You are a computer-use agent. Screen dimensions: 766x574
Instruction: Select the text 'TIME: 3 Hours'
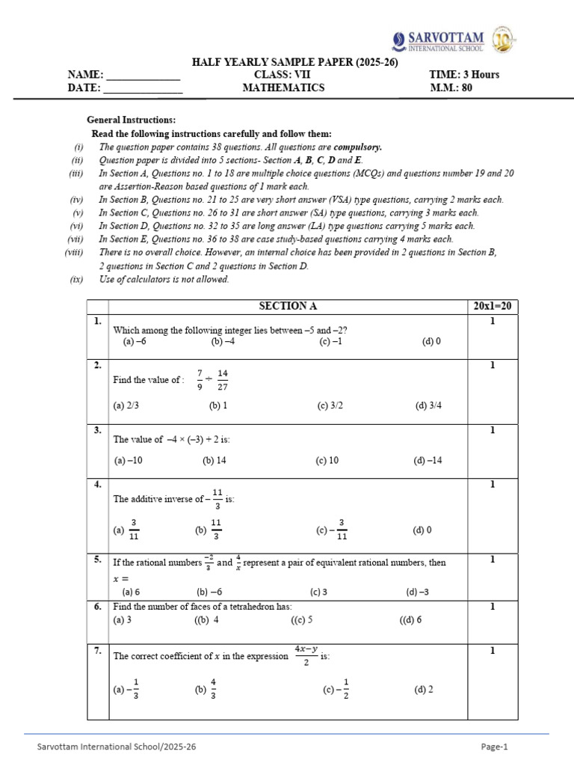point(464,75)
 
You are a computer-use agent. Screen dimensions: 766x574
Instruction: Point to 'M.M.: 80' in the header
point(451,88)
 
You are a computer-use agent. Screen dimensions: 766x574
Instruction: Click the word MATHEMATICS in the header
point(283,88)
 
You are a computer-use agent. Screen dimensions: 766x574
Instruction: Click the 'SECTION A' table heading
point(283,306)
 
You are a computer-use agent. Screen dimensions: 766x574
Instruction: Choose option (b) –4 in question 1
point(223,341)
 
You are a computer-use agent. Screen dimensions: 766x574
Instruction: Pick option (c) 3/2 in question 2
point(329,405)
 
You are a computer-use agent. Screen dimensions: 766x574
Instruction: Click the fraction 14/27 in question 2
point(223,379)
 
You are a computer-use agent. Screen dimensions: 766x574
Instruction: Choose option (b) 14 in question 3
point(214,460)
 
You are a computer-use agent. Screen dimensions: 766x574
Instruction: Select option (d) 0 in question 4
point(422,530)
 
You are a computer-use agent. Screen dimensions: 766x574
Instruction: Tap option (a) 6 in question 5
point(131,592)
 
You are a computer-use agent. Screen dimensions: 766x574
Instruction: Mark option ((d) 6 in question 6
point(411,619)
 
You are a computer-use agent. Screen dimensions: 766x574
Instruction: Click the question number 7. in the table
point(98,651)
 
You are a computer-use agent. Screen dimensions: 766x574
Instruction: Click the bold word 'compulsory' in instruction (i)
point(357,147)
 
